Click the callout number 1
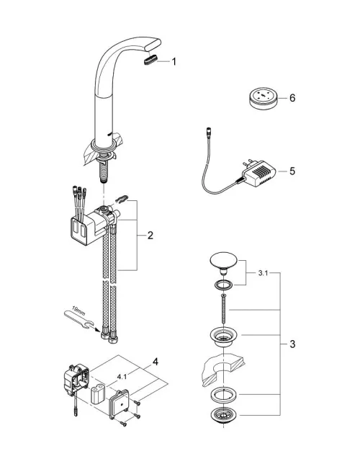coord(174,61)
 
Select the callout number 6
coord(292,98)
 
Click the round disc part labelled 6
coord(263,98)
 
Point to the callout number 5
coord(292,171)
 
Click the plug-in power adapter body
coord(258,174)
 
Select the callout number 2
coord(150,236)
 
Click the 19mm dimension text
coord(78,311)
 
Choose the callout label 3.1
coord(263,273)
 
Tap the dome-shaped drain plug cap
coord(224,262)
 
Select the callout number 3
coord(292,344)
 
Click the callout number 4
coord(155,362)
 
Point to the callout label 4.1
coord(122,377)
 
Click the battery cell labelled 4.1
coord(99,394)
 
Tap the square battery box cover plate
coord(119,403)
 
